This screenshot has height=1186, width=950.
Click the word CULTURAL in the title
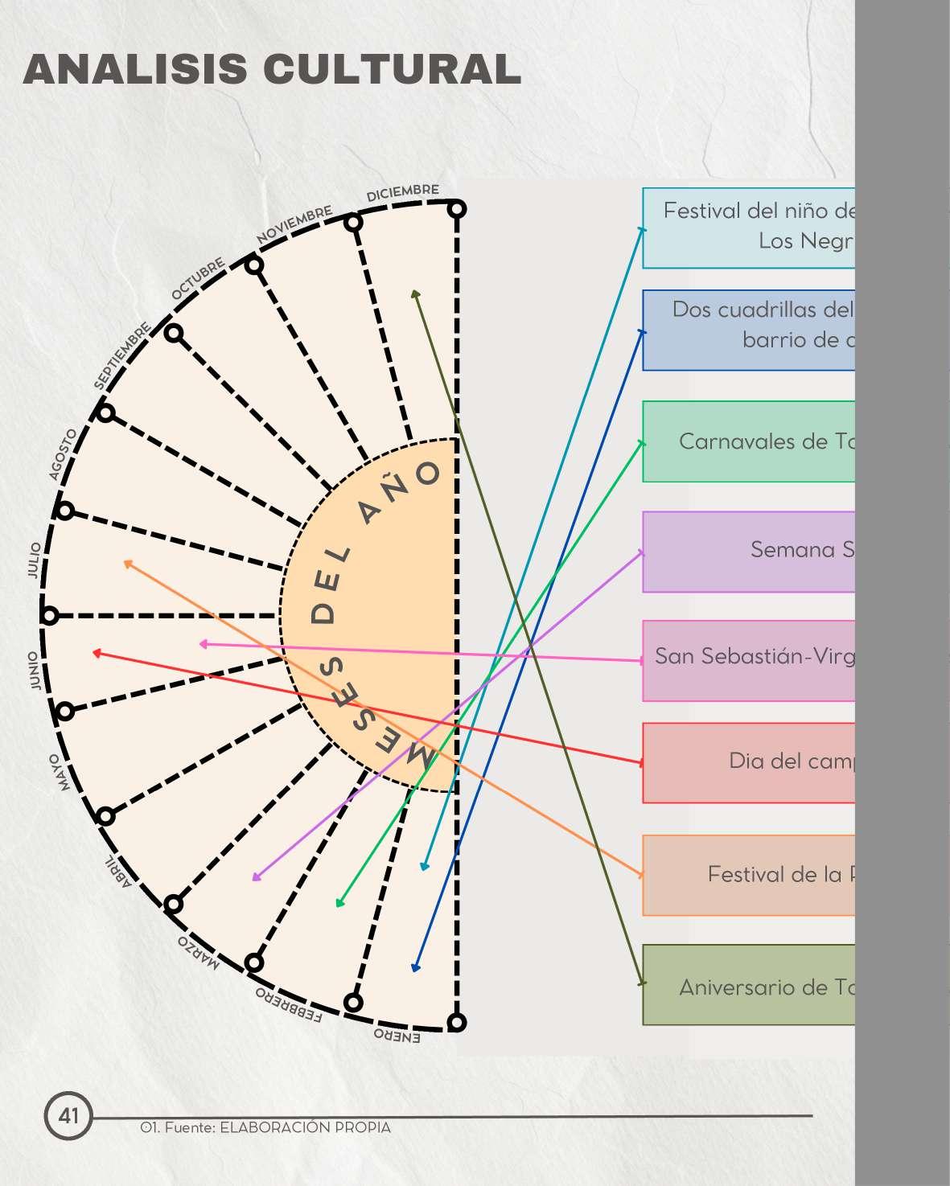392,69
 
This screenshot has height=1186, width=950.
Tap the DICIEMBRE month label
402,193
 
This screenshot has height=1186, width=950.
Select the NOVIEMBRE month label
294,224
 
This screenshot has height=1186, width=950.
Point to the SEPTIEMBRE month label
122,355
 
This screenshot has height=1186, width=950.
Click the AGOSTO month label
64,454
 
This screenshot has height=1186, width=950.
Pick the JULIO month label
34,560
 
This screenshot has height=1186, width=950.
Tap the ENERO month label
397,1036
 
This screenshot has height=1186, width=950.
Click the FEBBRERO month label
289,1005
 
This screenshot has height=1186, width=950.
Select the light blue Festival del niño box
748,228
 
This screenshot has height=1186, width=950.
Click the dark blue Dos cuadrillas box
748,330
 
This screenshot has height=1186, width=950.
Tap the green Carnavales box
748,441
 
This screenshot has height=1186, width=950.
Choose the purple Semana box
748,552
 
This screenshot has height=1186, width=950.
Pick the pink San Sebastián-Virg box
748,660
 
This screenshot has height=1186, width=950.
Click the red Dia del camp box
748,762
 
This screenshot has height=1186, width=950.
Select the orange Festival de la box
748,875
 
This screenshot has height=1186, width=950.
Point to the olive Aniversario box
748,985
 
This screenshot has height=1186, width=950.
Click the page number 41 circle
68,1115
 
